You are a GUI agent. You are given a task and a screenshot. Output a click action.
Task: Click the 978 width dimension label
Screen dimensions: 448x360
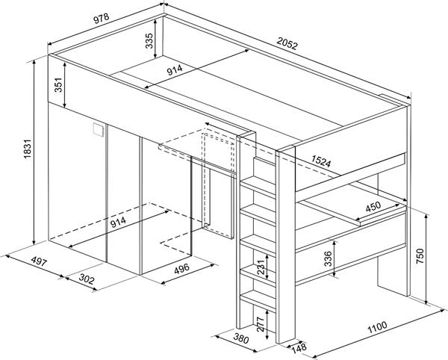click(x=102, y=18)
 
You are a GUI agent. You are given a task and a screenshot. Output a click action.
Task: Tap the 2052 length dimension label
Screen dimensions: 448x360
click(x=287, y=44)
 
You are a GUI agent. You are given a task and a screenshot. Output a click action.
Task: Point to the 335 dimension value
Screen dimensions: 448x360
click(x=149, y=40)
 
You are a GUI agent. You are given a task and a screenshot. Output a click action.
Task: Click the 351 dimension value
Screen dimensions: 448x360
click(x=58, y=84)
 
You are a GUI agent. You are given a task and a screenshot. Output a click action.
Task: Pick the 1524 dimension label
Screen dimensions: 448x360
click(x=321, y=161)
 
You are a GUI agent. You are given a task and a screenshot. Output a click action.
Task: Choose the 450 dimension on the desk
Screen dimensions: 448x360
click(x=373, y=206)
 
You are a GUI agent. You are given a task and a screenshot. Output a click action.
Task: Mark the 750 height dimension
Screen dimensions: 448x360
click(x=420, y=256)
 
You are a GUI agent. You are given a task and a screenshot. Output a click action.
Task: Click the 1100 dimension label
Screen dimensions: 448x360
click(x=377, y=327)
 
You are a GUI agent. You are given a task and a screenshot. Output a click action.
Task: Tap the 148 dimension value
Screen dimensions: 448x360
click(x=299, y=347)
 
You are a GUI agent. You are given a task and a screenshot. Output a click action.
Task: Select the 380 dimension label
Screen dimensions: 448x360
click(x=241, y=338)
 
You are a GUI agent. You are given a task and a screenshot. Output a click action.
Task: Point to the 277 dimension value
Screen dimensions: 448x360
click(x=261, y=324)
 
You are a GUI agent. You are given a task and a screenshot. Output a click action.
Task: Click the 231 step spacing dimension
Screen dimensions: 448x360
click(x=261, y=267)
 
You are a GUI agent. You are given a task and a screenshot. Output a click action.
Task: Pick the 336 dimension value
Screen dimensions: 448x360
click(x=328, y=259)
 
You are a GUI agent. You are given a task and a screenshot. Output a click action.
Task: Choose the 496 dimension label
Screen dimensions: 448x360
click(x=181, y=269)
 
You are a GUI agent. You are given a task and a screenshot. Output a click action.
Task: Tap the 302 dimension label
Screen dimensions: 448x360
click(x=87, y=279)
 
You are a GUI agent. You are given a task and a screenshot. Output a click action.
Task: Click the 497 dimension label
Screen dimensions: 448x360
click(x=39, y=261)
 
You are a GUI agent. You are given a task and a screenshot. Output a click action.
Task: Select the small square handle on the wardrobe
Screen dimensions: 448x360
click(x=97, y=130)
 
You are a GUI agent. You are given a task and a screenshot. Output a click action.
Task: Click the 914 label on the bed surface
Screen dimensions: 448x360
click(x=175, y=70)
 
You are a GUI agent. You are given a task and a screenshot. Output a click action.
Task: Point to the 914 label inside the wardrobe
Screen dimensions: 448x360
click(x=118, y=222)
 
